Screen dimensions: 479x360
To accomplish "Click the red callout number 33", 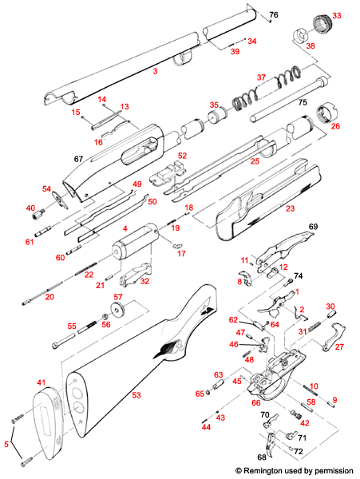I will pos(336,16).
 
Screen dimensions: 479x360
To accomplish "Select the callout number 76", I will pos(273,16).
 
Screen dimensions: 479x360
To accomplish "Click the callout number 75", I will pos(303,103).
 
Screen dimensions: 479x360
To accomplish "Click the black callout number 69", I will pos(313,228).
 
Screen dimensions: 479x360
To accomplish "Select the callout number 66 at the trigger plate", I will pos(256,403).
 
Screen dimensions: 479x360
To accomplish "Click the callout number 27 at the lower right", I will pos(338,347).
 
